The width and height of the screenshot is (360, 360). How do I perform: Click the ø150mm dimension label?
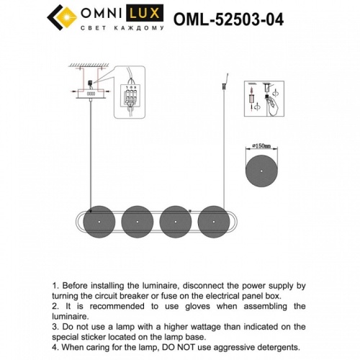[260, 146]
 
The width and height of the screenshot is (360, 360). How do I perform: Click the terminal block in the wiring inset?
[132, 93]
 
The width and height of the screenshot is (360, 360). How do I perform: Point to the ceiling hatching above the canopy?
[85, 66]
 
